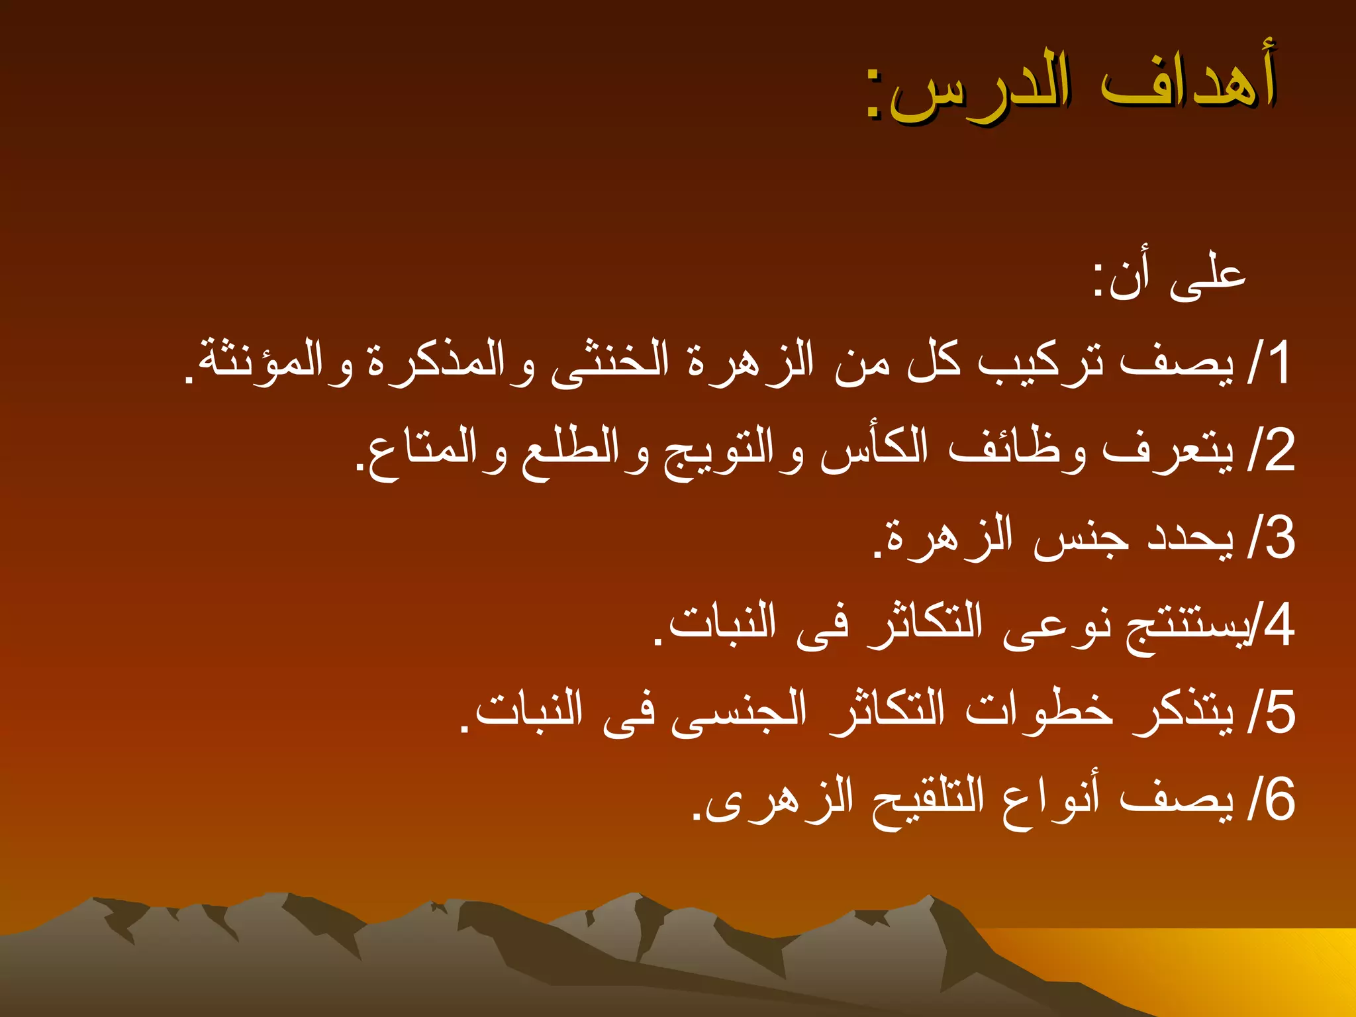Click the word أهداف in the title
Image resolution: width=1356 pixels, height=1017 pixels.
[1188, 83]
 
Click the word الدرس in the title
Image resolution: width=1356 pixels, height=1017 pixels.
[980, 89]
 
